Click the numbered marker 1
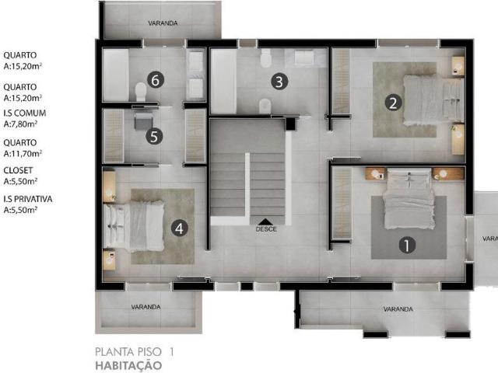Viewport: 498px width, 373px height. point(405,245)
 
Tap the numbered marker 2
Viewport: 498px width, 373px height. point(394,102)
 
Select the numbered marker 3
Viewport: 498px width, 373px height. point(278,80)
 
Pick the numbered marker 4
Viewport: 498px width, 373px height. point(180,228)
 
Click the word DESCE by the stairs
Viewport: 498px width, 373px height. point(266,229)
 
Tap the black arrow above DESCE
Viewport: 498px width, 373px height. point(266,221)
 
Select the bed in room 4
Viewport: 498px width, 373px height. point(135,226)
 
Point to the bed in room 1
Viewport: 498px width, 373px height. point(409,199)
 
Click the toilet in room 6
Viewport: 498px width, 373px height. point(141,92)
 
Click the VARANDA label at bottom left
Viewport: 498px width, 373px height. point(146,307)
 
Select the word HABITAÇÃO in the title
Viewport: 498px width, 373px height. point(128,364)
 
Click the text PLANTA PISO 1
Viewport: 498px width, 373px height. point(134,351)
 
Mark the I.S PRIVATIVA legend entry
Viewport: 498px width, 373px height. point(28,199)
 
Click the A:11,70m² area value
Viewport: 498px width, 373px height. point(23,153)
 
